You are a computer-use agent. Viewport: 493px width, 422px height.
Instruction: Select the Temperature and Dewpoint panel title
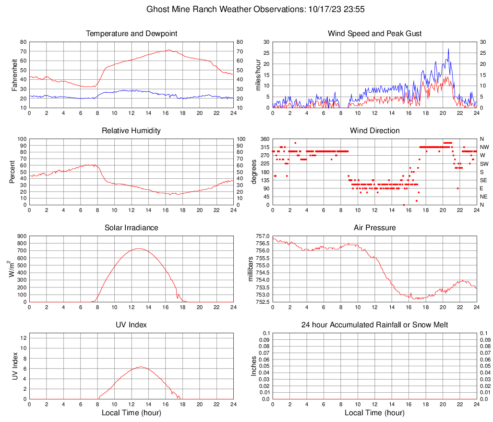coord(132,34)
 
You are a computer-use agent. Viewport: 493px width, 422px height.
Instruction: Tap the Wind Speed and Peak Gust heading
coord(374,34)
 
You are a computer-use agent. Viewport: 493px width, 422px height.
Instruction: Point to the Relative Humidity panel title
coord(132,131)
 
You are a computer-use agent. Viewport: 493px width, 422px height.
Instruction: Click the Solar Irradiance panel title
coord(132,227)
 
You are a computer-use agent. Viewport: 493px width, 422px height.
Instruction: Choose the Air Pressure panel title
coord(374,227)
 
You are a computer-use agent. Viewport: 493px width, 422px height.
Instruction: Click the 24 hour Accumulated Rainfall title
coord(374,325)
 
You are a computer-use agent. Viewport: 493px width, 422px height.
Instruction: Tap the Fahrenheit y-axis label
coord(14,74)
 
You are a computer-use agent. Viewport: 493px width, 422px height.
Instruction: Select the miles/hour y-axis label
coord(258,74)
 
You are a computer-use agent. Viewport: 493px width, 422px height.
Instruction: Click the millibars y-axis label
coord(250,269)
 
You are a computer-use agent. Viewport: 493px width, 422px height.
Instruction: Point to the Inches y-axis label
coord(254,366)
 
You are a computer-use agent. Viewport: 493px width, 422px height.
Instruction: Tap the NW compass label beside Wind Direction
coord(484,147)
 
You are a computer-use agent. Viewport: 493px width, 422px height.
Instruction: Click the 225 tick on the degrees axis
coord(265,164)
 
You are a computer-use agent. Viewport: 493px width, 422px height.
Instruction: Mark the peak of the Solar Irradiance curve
coord(139,248)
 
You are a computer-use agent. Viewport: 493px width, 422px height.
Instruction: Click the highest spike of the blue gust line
coord(448,49)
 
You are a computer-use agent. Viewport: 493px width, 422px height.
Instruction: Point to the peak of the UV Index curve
coord(140,367)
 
